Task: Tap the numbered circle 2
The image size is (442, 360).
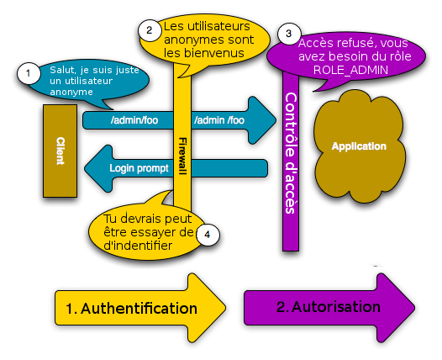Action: pyautogui.click(x=149, y=30)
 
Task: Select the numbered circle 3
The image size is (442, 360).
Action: pyautogui.click(x=289, y=34)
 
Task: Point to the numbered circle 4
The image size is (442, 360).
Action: pyautogui.click(x=207, y=235)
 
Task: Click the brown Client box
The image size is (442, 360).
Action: pyautogui.click(x=60, y=151)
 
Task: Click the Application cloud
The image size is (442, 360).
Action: pyautogui.click(x=359, y=146)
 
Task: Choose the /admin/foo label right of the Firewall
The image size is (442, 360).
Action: pyautogui.click(x=219, y=120)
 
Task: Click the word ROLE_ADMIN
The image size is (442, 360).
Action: pyautogui.click(x=350, y=72)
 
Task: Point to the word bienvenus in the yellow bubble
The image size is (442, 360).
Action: pyautogui.click(x=218, y=53)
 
